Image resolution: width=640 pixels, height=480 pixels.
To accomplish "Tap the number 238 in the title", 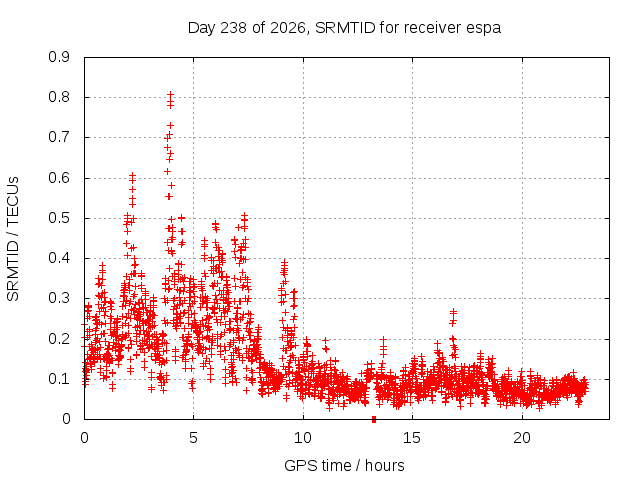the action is click(233, 28).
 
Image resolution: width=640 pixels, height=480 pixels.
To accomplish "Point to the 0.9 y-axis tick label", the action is click(59, 57).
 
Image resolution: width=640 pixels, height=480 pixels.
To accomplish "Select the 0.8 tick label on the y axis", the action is click(59, 98).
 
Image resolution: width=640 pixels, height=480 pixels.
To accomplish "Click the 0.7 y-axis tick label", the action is click(59, 138).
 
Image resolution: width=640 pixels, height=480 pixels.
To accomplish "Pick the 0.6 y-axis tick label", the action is click(59, 178).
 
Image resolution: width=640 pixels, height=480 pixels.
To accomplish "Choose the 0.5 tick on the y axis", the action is click(59, 218).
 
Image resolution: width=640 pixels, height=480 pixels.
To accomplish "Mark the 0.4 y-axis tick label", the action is click(59, 258).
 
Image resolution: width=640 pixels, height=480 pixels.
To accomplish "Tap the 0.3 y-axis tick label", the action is click(59, 298).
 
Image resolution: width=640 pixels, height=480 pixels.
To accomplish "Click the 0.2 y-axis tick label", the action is click(59, 339).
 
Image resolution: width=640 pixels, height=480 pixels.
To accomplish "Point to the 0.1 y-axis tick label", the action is click(59, 379).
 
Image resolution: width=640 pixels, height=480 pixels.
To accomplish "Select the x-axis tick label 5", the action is click(193, 438).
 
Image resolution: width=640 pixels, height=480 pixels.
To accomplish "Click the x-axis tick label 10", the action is click(303, 438).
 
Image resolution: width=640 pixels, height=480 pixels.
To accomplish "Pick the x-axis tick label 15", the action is click(412, 438).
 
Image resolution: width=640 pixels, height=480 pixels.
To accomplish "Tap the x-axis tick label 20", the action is click(522, 438).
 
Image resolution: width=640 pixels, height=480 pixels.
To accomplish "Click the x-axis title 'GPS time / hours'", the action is click(344, 466).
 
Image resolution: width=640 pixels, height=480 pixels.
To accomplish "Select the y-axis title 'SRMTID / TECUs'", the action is click(13, 239).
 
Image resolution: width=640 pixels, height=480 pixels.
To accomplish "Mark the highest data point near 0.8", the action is click(171, 95).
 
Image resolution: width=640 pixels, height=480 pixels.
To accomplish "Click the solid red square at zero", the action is click(374, 420).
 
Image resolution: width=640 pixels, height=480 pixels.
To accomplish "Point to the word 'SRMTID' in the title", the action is click(345, 28).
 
